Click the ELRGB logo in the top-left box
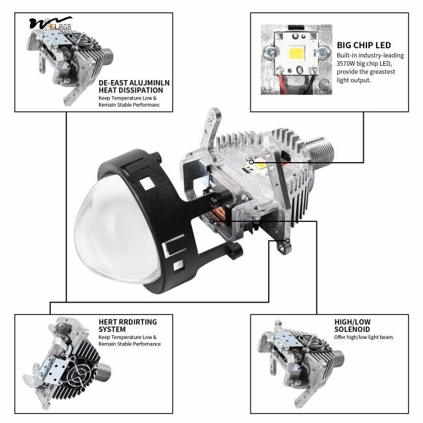[51, 23]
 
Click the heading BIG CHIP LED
[364, 45]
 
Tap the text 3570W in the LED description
[346, 64]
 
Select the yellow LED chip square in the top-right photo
[297, 53]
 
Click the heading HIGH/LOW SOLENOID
[352, 325]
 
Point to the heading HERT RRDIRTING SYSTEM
[128, 325]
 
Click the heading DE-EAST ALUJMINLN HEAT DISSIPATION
[134, 87]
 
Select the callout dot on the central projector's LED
[251, 162]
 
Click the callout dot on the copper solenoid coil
[212, 221]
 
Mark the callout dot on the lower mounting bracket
[288, 241]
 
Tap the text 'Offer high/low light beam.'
[364, 337]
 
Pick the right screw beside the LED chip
[323, 52]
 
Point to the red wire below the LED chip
[282, 85]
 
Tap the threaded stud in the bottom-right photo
[338, 358]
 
